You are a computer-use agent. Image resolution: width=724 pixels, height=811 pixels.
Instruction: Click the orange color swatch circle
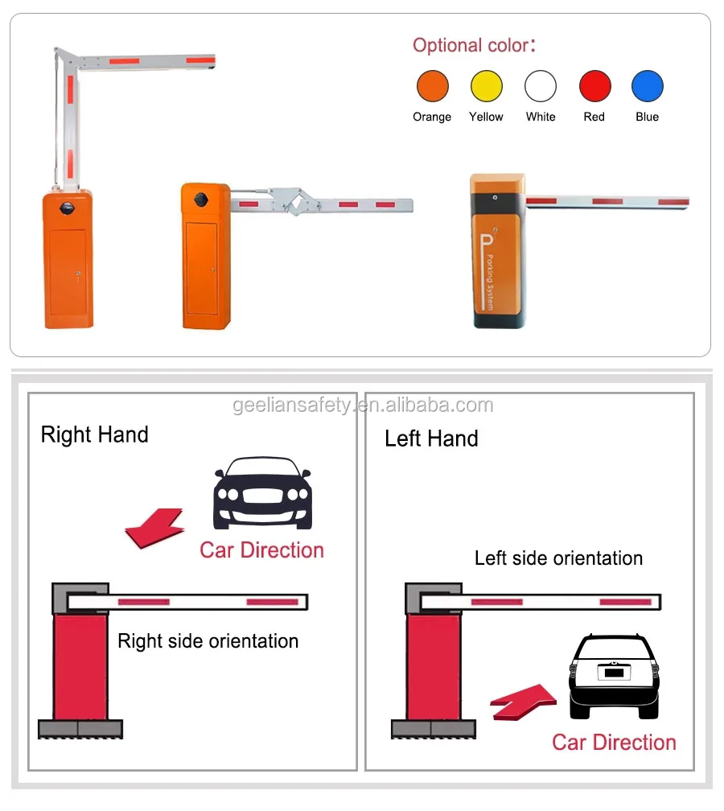pyautogui.click(x=432, y=86)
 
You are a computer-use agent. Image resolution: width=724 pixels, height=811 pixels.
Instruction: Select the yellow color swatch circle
pyautogui.click(x=486, y=86)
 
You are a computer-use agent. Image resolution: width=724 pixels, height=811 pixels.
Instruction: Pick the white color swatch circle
pyautogui.click(x=541, y=86)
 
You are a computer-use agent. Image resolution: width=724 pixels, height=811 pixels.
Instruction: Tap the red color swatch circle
pyautogui.click(x=594, y=86)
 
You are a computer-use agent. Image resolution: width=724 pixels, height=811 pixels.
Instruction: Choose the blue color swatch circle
pyautogui.click(x=647, y=86)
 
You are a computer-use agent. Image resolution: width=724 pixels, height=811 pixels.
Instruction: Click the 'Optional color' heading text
pyautogui.click(x=474, y=45)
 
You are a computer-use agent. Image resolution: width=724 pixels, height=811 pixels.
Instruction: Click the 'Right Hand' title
pyautogui.click(x=94, y=435)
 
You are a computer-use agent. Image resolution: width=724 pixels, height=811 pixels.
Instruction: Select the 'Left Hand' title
pyautogui.click(x=431, y=438)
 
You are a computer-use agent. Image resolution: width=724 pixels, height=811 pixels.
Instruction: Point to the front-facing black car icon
pyautogui.click(x=262, y=492)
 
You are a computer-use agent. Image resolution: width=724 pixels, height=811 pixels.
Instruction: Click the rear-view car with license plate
pyautogui.click(x=614, y=676)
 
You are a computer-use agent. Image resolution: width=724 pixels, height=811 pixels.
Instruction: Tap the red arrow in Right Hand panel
pyautogui.click(x=155, y=528)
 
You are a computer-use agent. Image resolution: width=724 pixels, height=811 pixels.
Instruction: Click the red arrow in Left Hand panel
pyautogui.click(x=523, y=702)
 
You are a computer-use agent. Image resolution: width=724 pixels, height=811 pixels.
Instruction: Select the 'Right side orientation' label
pyautogui.click(x=208, y=641)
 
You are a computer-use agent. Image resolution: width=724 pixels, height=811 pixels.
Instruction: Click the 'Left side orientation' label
pyautogui.click(x=558, y=558)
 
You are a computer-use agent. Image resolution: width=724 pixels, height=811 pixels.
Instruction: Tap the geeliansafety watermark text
pyautogui.click(x=363, y=405)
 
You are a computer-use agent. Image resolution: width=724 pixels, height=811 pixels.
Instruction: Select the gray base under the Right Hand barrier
pyautogui.click(x=80, y=729)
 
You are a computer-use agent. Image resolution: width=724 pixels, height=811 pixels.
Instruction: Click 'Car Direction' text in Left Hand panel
pyautogui.click(x=614, y=743)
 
